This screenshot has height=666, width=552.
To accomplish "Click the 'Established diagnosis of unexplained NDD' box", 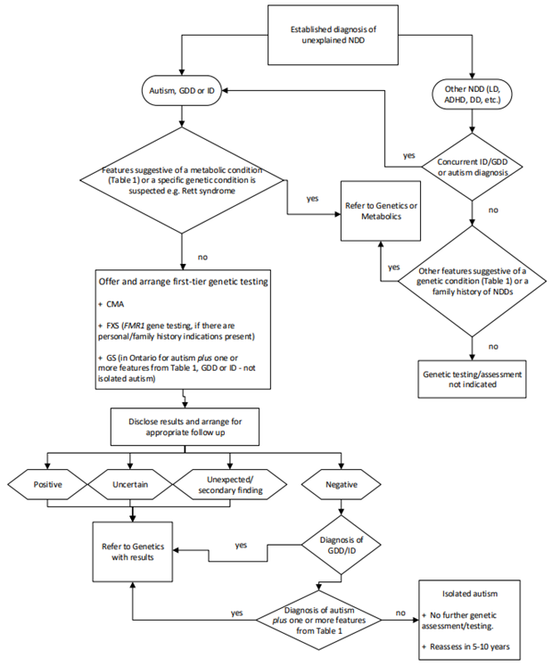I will coord(329,37).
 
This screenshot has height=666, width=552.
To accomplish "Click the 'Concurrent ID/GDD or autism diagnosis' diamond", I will coord(470,165).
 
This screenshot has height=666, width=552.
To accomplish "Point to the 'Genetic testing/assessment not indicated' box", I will coord(470,377).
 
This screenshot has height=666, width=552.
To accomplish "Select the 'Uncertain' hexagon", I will coord(131,485).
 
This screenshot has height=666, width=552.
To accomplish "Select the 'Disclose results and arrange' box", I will coord(183,426).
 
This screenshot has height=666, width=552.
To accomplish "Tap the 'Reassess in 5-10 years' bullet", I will coord(478,645).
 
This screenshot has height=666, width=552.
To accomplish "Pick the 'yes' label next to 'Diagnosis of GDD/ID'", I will coord(241,544).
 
